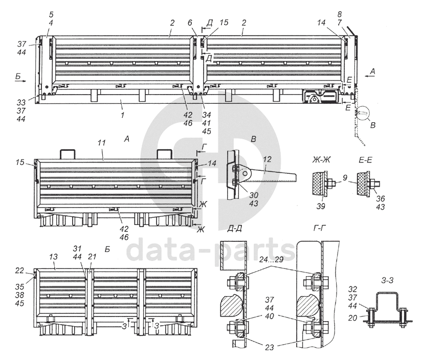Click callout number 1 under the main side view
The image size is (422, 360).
123,115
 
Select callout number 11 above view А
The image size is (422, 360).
101,143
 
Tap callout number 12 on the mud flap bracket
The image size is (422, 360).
266,160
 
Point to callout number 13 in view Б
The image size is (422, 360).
53,257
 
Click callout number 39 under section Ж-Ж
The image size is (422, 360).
320,206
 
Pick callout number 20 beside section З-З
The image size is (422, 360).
352,318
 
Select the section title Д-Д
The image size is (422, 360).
234,229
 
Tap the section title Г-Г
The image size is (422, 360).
320,229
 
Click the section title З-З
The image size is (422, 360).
387,280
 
